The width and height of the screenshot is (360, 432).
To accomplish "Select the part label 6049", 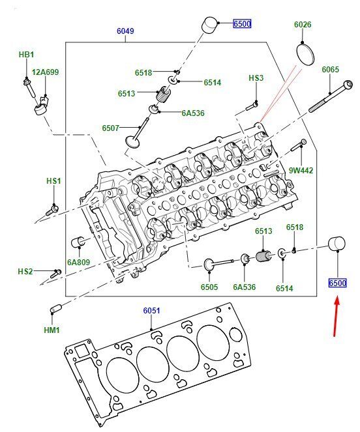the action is [x=125, y=31].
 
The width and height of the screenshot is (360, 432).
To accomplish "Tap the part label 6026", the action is [x=303, y=25].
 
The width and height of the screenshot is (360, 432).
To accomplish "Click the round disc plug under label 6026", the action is [x=305, y=54].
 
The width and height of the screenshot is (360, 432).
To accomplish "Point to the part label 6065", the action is [x=330, y=70].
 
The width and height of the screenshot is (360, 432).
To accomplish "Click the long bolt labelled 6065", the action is [x=331, y=96].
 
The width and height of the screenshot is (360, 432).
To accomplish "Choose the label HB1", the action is [x=27, y=55].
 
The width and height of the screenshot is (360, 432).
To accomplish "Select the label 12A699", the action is [x=45, y=72].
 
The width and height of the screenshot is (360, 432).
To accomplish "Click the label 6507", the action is [x=111, y=128].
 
